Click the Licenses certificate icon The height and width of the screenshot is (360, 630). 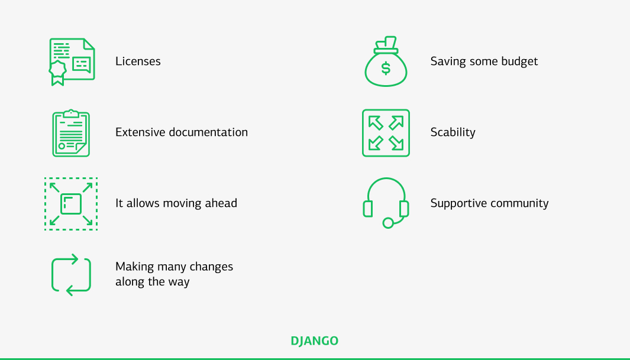click(72, 61)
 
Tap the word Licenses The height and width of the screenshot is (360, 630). click(138, 61)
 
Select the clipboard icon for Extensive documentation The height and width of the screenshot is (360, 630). click(71, 133)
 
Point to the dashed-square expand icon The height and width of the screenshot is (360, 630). click(71, 203)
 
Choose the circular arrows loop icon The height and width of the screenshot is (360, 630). click(71, 275)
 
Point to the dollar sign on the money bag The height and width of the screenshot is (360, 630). click(386, 69)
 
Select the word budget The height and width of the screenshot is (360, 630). click(519, 61)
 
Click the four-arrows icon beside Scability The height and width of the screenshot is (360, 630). click(386, 133)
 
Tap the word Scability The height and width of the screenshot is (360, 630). click(453, 132)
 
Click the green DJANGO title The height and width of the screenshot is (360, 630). click(315, 341)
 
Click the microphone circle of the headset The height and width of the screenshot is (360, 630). click(388, 223)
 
